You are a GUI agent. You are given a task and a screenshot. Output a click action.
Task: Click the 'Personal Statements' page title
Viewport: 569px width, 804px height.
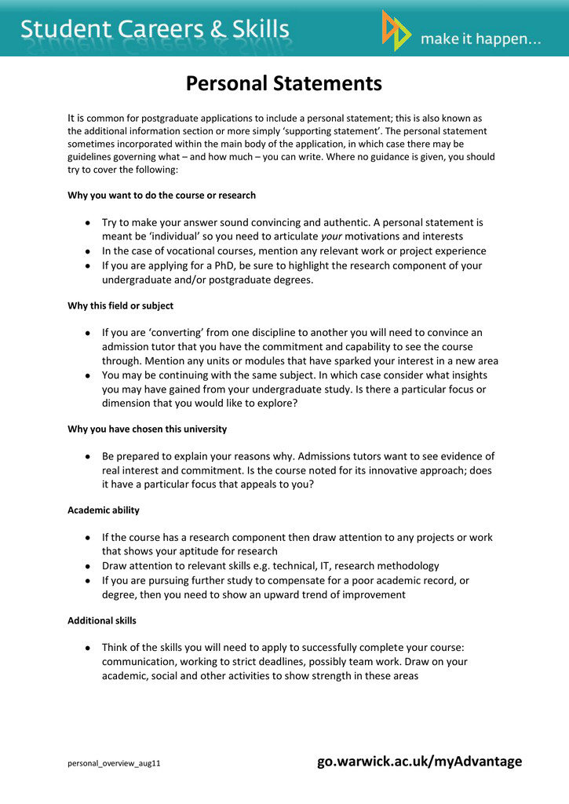click(x=284, y=83)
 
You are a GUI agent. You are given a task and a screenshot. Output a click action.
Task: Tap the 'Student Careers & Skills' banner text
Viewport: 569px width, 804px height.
click(x=155, y=31)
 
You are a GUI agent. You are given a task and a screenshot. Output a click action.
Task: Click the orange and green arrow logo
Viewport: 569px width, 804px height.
click(x=396, y=31)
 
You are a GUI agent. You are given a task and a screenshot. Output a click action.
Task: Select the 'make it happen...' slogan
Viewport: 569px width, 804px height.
click(x=481, y=39)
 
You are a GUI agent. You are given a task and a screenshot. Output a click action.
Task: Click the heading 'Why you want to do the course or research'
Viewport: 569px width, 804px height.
click(x=162, y=195)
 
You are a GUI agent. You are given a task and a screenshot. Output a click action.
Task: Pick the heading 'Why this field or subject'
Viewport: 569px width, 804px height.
click(x=121, y=305)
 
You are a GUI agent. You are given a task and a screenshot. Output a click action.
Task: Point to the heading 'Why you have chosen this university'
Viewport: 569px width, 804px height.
click(x=148, y=429)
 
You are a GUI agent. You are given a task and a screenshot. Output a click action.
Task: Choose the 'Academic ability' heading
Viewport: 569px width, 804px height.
click(x=104, y=510)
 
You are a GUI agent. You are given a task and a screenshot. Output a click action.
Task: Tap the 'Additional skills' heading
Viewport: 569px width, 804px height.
click(x=102, y=620)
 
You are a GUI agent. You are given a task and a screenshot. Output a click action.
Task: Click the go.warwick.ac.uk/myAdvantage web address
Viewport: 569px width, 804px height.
click(x=419, y=761)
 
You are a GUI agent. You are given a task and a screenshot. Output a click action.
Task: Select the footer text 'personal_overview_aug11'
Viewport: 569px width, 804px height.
click(x=114, y=763)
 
